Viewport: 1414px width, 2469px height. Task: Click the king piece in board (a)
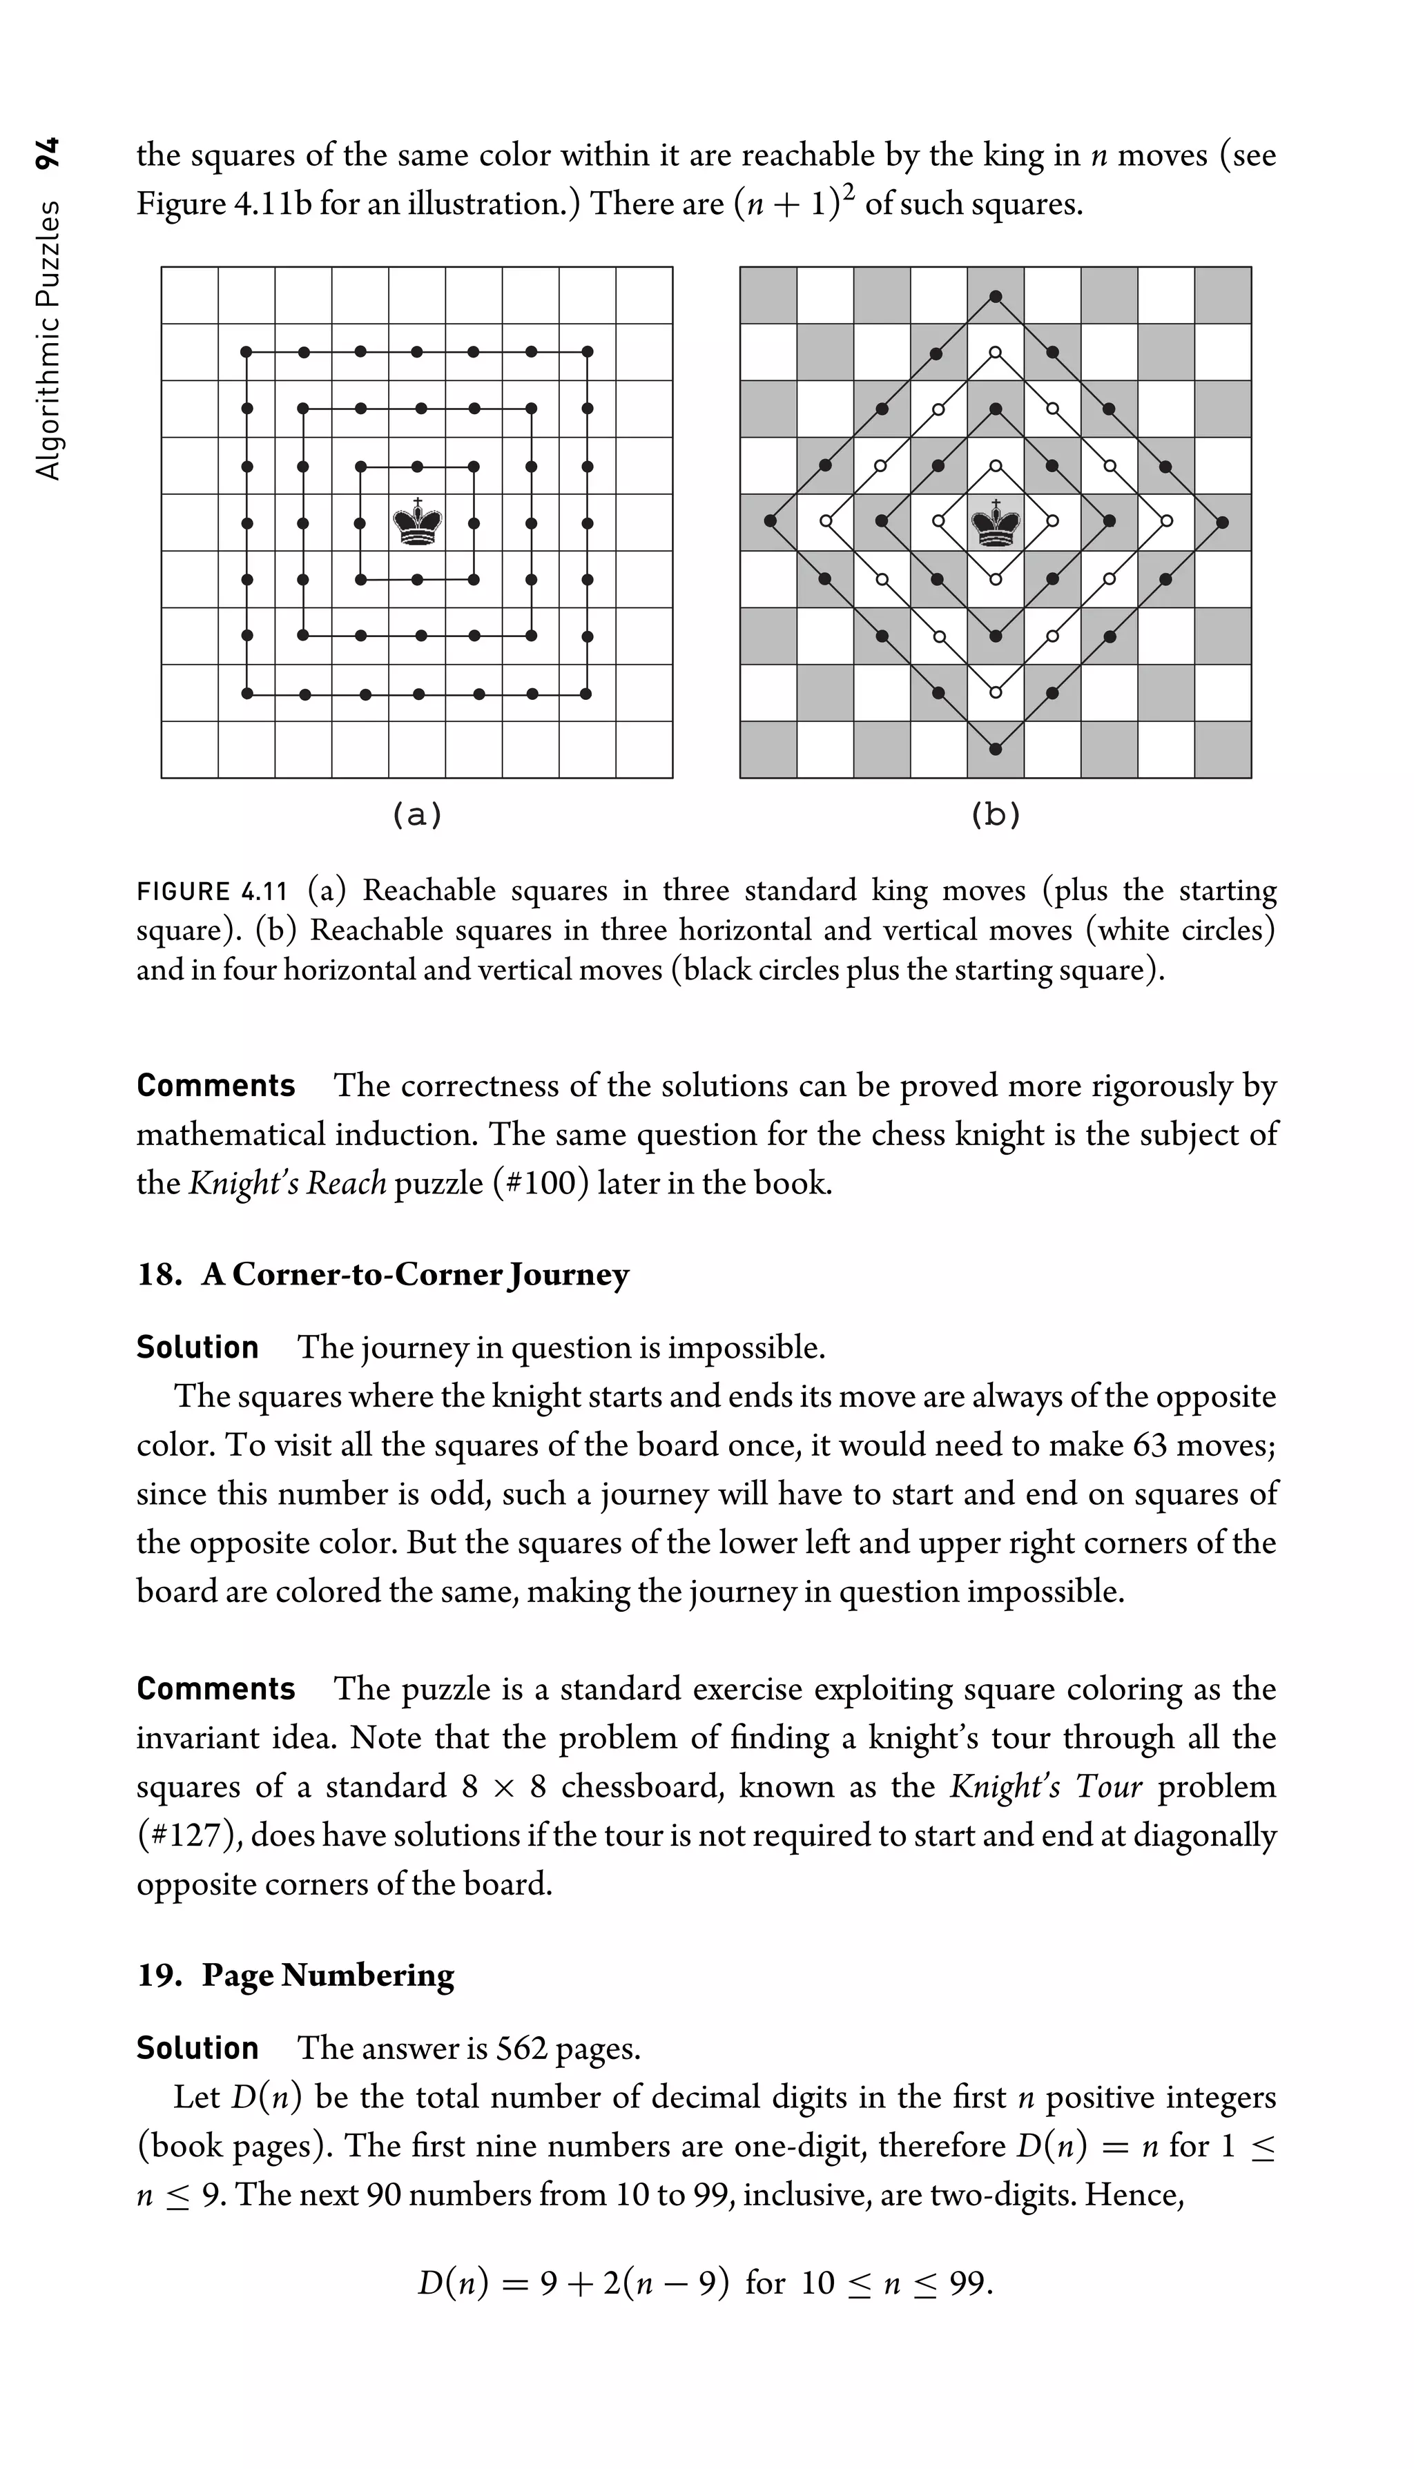pyautogui.click(x=418, y=523)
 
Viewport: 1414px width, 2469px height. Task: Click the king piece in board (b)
pyautogui.click(x=996, y=523)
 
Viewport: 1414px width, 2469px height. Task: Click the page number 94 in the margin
pyautogui.click(x=48, y=153)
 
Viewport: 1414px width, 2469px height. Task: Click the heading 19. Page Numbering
pyautogui.click(x=296, y=1975)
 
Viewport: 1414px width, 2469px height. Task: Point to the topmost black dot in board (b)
pyautogui.click(x=996, y=295)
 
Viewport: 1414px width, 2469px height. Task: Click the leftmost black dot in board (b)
pyautogui.click(x=769, y=521)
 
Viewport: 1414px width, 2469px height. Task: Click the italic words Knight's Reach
pyautogui.click(x=287, y=1184)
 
